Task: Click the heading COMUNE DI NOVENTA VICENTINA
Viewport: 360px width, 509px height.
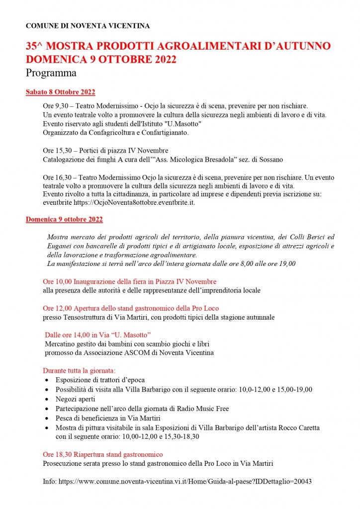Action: [88, 25]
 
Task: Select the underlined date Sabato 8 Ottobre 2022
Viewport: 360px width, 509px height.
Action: [60, 92]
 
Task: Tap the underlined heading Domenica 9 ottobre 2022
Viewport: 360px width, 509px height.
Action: [64, 219]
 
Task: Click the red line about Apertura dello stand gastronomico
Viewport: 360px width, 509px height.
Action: [131, 308]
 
